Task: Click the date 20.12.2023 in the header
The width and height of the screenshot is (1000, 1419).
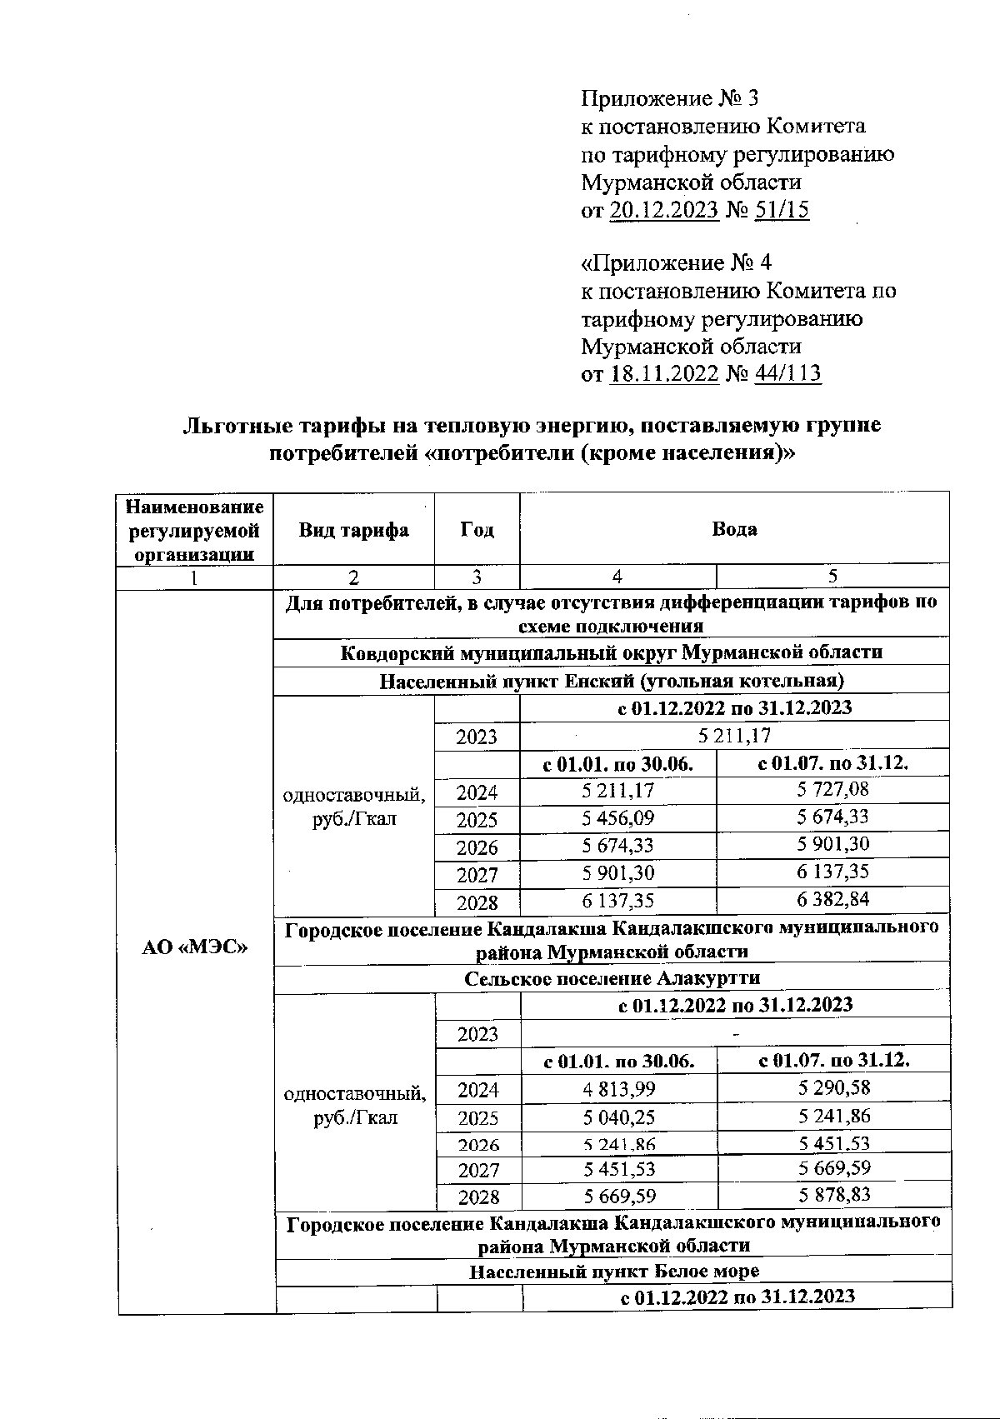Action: [x=664, y=210]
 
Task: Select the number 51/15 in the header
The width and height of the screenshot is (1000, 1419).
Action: [x=781, y=210]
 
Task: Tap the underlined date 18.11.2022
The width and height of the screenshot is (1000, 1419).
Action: [x=664, y=373]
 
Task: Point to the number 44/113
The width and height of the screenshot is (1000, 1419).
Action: [x=787, y=373]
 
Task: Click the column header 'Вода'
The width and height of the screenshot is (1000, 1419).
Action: [x=734, y=529]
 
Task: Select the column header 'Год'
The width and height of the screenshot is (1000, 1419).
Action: [x=477, y=530]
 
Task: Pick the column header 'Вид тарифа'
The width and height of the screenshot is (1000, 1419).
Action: [x=354, y=530]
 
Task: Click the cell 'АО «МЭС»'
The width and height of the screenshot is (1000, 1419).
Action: [x=196, y=948]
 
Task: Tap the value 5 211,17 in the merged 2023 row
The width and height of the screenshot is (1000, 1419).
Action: [x=734, y=736]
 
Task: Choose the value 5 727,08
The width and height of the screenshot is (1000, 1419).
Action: [x=832, y=788]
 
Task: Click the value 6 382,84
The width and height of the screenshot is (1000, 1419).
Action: [x=832, y=899]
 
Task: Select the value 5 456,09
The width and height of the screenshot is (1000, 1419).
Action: [x=617, y=817]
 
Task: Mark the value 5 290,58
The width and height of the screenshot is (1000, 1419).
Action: [x=833, y=1087]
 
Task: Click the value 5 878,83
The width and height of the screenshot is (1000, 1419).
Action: [x=833, y=1195]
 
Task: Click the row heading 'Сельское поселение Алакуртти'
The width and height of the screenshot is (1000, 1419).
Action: [x=612, y=978]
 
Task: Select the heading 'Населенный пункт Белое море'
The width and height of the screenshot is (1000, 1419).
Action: [x=614, y=1272]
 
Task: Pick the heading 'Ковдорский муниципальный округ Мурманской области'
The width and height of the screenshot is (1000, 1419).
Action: [x=612, y=652]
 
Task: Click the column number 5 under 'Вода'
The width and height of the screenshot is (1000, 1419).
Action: [x=832, y=577]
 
